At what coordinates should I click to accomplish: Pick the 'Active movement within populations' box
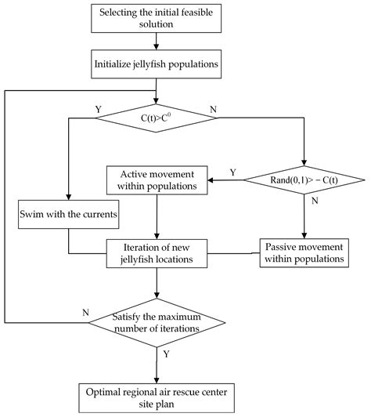click(x=157, y=179)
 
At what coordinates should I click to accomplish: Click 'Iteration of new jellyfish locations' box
click(x=157, y=252)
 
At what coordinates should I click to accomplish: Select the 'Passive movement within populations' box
click(x=303, y=252)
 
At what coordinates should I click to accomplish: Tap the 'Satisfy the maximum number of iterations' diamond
click(x=157, y=321)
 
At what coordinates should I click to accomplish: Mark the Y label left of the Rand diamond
click(x=232, y=172)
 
